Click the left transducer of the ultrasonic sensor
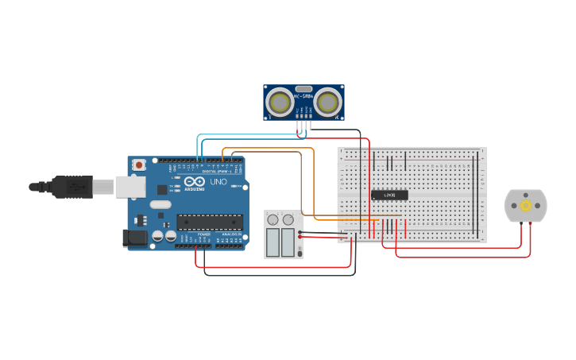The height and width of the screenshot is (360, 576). (x=279, y=102)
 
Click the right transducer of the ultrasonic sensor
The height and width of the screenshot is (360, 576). (x=328, y=102)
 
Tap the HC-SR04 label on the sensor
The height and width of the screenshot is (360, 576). (x=303, y=97)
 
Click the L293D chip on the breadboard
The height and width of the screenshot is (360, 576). (x=389, y=195)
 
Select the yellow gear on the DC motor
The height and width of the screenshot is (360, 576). (x=526, y=206)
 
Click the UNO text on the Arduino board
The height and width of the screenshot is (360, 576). (x=218, y=182)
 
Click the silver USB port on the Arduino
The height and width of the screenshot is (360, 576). (x=130, y=187)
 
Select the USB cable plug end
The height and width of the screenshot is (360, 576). (x=72, y=187)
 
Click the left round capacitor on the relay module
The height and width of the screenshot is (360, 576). (x=273, y=219)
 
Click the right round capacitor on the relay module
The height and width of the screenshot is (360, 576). (x=288, y=219)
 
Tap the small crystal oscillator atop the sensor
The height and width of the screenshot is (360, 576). (x=303, y=88)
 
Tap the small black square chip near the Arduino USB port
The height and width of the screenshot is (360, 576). (x=162, y=190)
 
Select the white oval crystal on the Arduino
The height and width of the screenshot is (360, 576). (x=160, y=205)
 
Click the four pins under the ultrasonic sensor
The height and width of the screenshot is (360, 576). (x=303, y=123)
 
